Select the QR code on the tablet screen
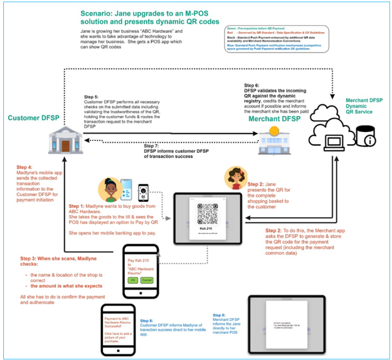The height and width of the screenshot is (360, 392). point(207,214)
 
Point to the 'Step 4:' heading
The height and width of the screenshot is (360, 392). point(25,167)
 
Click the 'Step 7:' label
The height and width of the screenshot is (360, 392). point(152,146)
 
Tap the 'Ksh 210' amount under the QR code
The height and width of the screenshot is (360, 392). point(207,229)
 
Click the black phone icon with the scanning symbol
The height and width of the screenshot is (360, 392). point(143,193)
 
